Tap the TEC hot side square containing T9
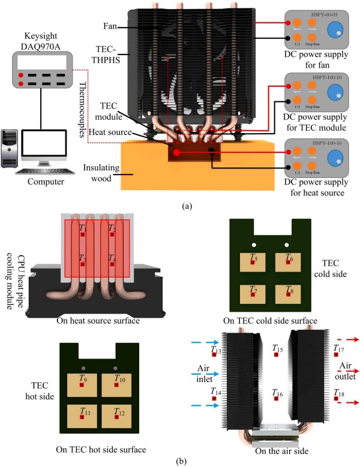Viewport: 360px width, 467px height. click(x=83, y=384)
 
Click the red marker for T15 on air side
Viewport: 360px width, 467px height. click(x=277, y=355)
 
